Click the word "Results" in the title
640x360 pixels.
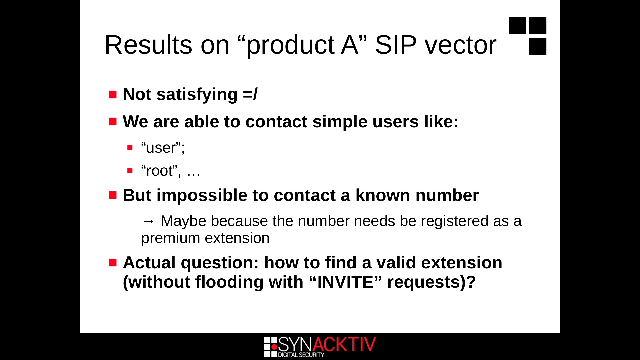click(148, 45)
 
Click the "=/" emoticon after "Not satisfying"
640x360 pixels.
click(250, 94)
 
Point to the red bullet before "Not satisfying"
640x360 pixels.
click(113, 94)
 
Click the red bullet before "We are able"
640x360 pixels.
click(113, 121)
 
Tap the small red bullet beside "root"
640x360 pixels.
click(130, 171)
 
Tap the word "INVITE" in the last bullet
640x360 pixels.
click(345, 282)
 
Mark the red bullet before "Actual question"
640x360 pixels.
click(113, 262)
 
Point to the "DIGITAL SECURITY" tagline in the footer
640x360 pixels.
click(301, 355)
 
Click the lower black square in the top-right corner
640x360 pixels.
click(538, 46)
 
